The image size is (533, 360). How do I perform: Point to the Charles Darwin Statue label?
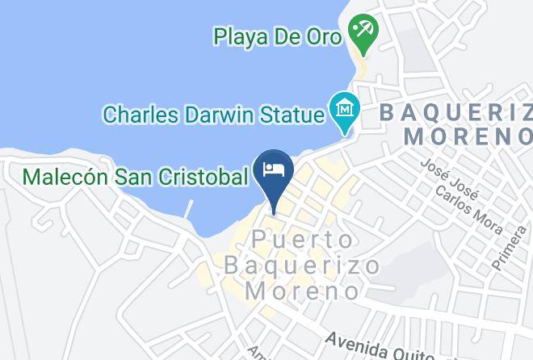(212, 114)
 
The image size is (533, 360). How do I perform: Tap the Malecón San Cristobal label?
(134, 175)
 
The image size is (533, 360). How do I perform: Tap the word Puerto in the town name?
(302, 240)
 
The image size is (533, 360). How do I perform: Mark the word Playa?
(240, 36)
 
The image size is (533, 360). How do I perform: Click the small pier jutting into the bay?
(190, 208)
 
